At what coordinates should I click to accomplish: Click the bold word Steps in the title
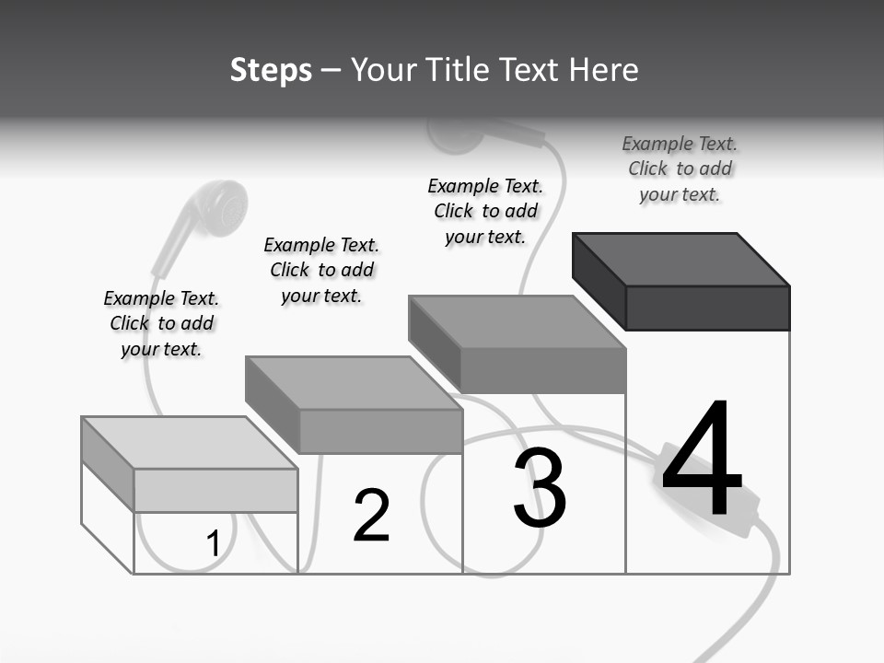coord(271,70)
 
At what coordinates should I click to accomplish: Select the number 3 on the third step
coord(540,488)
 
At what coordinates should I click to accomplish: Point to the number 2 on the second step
coord(372,516)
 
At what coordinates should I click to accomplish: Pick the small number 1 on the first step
coord(213,544)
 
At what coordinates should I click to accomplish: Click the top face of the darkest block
coord(681,259)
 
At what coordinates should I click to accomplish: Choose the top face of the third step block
coord(518,321)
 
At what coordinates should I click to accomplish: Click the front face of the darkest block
coord(707,308)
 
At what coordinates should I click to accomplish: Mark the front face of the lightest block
coord(215,490)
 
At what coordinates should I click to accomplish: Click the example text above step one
coord(161,323)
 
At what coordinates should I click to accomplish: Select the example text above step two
coord(321,270)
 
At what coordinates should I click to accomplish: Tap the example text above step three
coord(485,211)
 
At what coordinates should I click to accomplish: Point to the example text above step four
coord(680,169)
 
